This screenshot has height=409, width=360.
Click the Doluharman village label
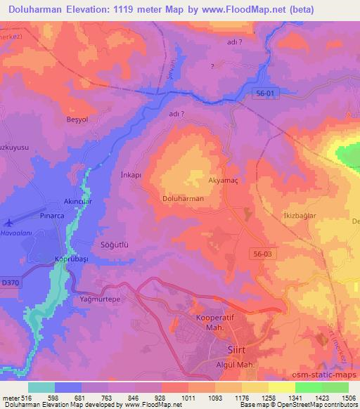point(183,199)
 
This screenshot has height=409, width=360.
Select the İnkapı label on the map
point(131,175)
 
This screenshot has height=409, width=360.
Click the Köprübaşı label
point(70,259)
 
